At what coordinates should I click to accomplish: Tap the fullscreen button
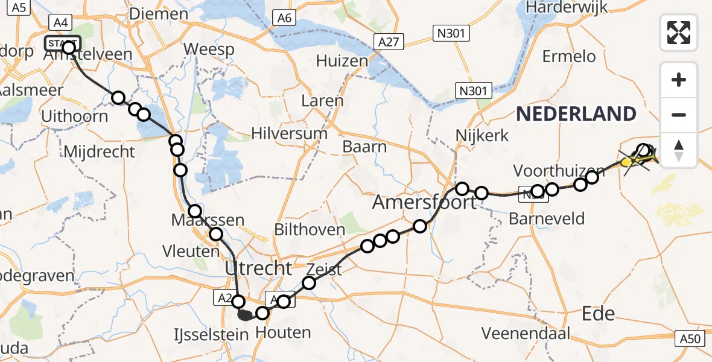[x=679, y=32]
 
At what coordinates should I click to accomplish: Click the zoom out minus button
[x=679, y=115]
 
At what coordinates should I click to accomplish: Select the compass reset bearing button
[x=679, y=150]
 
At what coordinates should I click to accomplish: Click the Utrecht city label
[x=258, y=267]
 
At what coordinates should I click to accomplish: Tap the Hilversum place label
[x=290, y=133]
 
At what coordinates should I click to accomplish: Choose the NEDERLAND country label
[x=576, y=113]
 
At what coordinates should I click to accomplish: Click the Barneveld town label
[x=547, y=218]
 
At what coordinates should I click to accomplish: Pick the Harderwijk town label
[x=567, y=7]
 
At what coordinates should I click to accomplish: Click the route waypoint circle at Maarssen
[x=195, y=211]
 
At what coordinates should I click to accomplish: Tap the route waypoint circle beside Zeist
[x=309, y=282]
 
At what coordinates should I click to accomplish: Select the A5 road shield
[x=20, y=7]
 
